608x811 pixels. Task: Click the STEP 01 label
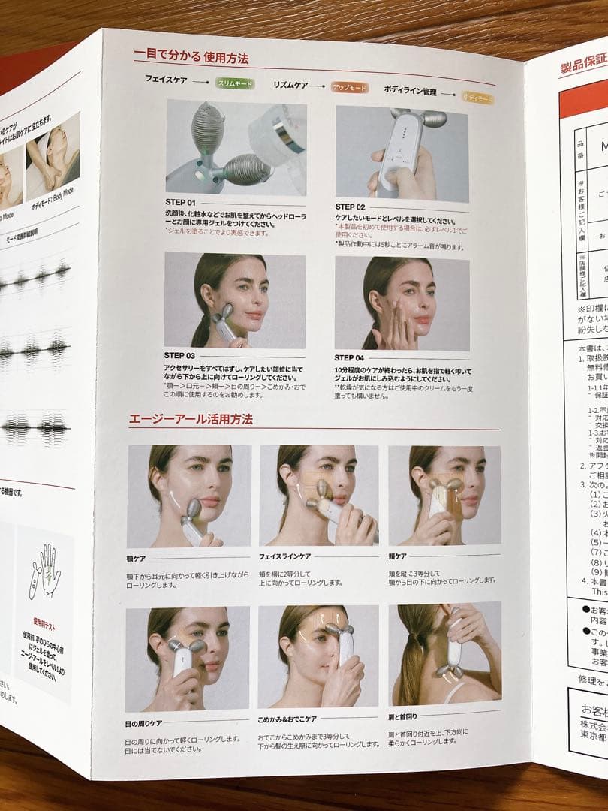pos(180,203)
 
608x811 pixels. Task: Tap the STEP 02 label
pos(350,207)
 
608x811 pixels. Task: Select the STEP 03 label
pos(179,355)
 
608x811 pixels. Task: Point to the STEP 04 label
pos(349,358)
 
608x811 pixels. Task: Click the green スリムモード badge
pos(235,84)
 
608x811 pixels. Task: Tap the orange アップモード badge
pos(350,88)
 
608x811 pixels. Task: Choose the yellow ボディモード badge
pos(477,98)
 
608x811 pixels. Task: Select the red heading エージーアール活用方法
pos(192,418)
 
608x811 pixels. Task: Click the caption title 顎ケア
pos(136,559)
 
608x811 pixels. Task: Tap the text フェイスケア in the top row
pos(166,79)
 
